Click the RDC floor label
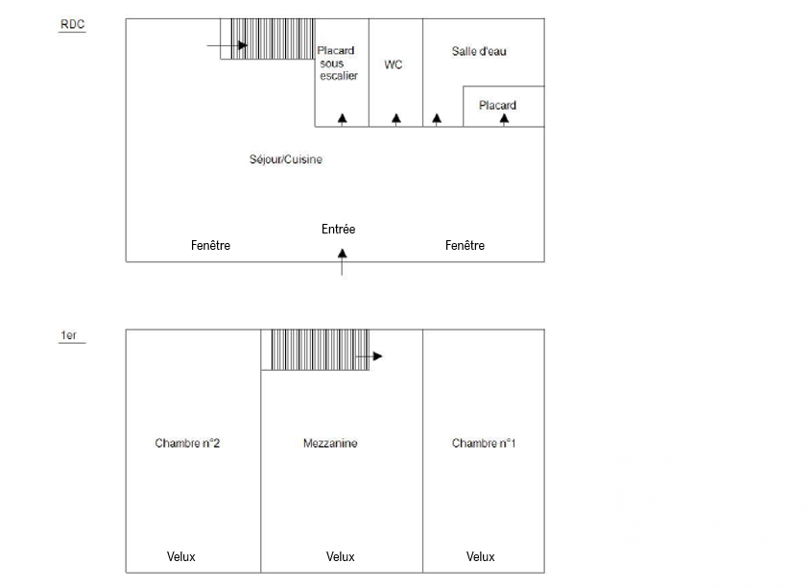coord(73,26)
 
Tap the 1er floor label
coord(69,335)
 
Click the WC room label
coord(394,64)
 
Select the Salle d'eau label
coord(479,51)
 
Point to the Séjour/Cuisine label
coord(286,159)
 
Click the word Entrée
coord(338,230)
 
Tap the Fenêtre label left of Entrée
coord(210,246)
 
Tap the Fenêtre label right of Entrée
coord(465,246)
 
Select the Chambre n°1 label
coord(484,443)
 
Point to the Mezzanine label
coord(330,443)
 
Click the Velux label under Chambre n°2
coord(181,557)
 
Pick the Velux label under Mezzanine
coord(340,557)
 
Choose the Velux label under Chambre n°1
coord(480,557)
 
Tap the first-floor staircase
coord(316,350)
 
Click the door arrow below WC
coord(396,118)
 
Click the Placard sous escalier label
coord(338,63)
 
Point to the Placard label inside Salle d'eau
coord(497,106)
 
